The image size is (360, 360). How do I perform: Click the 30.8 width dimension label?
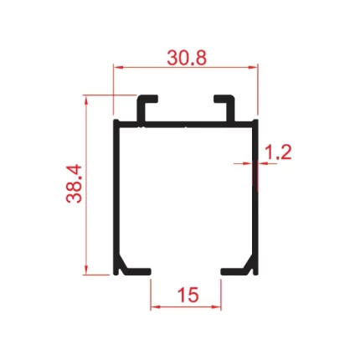(x=187, y=58)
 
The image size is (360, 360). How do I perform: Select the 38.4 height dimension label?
(x=74, y=184)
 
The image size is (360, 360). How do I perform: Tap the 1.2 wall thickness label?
(x=277, y=152)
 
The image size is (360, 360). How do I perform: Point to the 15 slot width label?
(x=188, y=295)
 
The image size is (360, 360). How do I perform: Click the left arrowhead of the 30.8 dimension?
(x=117, y=67)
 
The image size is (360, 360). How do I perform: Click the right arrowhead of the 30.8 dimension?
(x=253, y=67)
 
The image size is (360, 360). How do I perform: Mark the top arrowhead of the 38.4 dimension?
(x=86, y=100)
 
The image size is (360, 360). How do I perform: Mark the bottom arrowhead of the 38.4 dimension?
(x=86, y=270)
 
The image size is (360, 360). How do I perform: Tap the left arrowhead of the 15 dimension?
(x=155, y=307)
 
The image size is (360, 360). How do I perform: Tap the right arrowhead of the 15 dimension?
(x=217, y=307)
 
